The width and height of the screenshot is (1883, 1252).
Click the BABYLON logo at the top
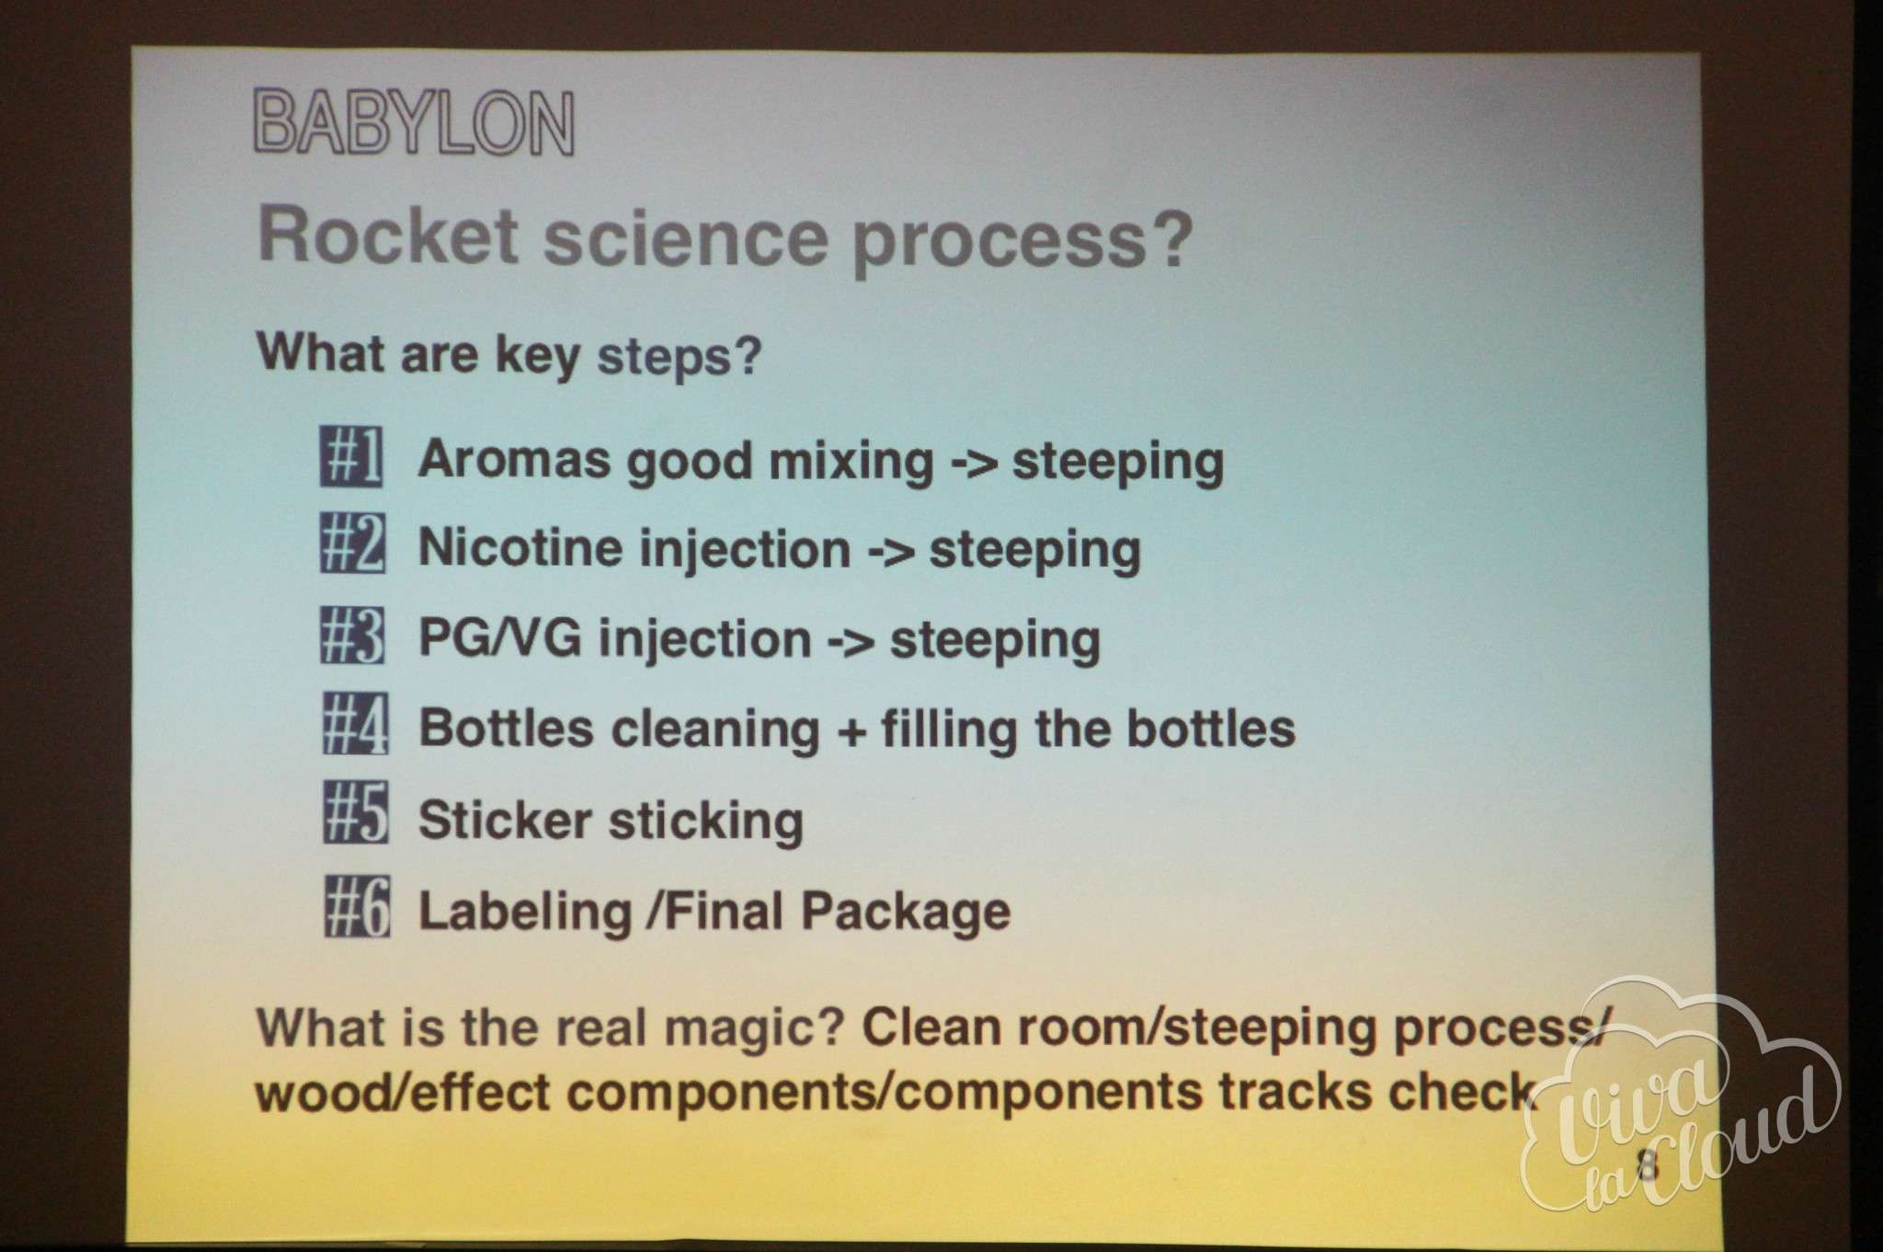coord(414,122)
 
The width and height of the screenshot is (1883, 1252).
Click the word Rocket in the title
coord(388,235)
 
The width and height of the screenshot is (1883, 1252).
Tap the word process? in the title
coord(1022,241)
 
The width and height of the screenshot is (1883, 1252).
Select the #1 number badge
coord(352,457)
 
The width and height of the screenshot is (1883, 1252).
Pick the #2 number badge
coord(353,545)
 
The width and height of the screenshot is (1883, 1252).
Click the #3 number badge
coord(353,635)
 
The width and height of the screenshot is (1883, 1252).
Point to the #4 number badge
coord(355,724)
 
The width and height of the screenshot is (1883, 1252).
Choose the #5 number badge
coord(356,813)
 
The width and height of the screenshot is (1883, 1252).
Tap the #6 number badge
coord(357,906)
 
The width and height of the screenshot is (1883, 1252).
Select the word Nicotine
coord(519,547)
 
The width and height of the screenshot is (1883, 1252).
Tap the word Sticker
coord(505,820)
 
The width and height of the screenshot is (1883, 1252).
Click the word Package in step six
coord(906,913)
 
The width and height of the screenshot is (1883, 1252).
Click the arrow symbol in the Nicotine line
coord(891,549)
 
